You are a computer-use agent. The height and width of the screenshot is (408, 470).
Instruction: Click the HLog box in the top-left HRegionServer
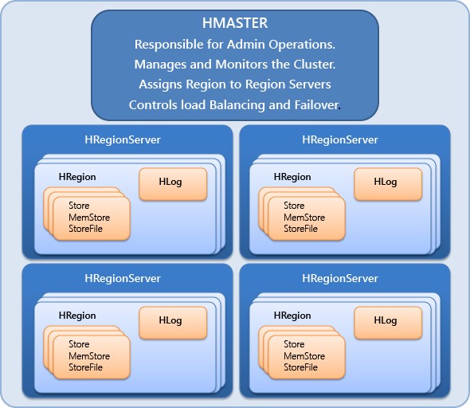pos(172,183)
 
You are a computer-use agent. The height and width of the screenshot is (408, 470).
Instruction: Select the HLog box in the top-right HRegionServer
pos(386,183)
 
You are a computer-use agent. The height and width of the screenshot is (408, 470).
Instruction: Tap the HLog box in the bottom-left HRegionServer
pos(172,322)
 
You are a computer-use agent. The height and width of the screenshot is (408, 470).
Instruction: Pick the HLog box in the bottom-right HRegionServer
pos(386,322)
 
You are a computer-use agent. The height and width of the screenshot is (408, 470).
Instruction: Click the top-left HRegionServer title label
pos(123,140)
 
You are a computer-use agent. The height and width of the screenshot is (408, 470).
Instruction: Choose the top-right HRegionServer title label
pos(340,140)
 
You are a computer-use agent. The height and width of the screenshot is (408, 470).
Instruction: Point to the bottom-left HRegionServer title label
pos(123,279)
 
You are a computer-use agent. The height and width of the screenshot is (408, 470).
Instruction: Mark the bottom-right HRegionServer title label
pos(340,279)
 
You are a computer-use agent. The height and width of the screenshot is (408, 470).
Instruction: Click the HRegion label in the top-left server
pos(77,177)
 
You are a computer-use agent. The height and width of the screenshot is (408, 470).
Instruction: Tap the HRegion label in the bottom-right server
pos(292,316)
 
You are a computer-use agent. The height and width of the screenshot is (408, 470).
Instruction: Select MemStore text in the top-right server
pos(304,218)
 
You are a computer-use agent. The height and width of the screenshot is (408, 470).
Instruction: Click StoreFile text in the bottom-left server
pos(87,367)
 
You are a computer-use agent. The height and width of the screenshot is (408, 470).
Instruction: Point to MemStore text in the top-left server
pos(89,218)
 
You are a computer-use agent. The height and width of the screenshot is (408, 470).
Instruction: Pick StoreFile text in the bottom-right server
pos(302,367)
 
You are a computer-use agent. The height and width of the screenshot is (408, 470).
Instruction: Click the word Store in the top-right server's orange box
pos(294,206)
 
